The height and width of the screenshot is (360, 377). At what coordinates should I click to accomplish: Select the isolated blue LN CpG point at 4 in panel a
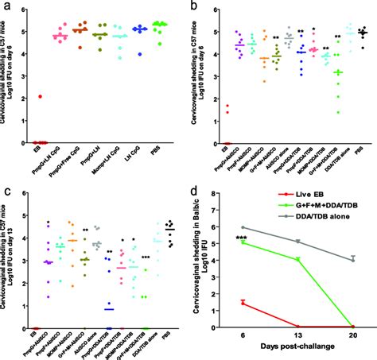click(140, 54)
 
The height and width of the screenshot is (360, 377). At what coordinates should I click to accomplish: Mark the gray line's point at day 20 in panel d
click(352, 258)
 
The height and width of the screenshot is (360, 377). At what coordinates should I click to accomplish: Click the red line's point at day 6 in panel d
click(242, 302)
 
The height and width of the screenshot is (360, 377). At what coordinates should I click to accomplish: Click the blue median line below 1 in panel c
click(109, 309)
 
